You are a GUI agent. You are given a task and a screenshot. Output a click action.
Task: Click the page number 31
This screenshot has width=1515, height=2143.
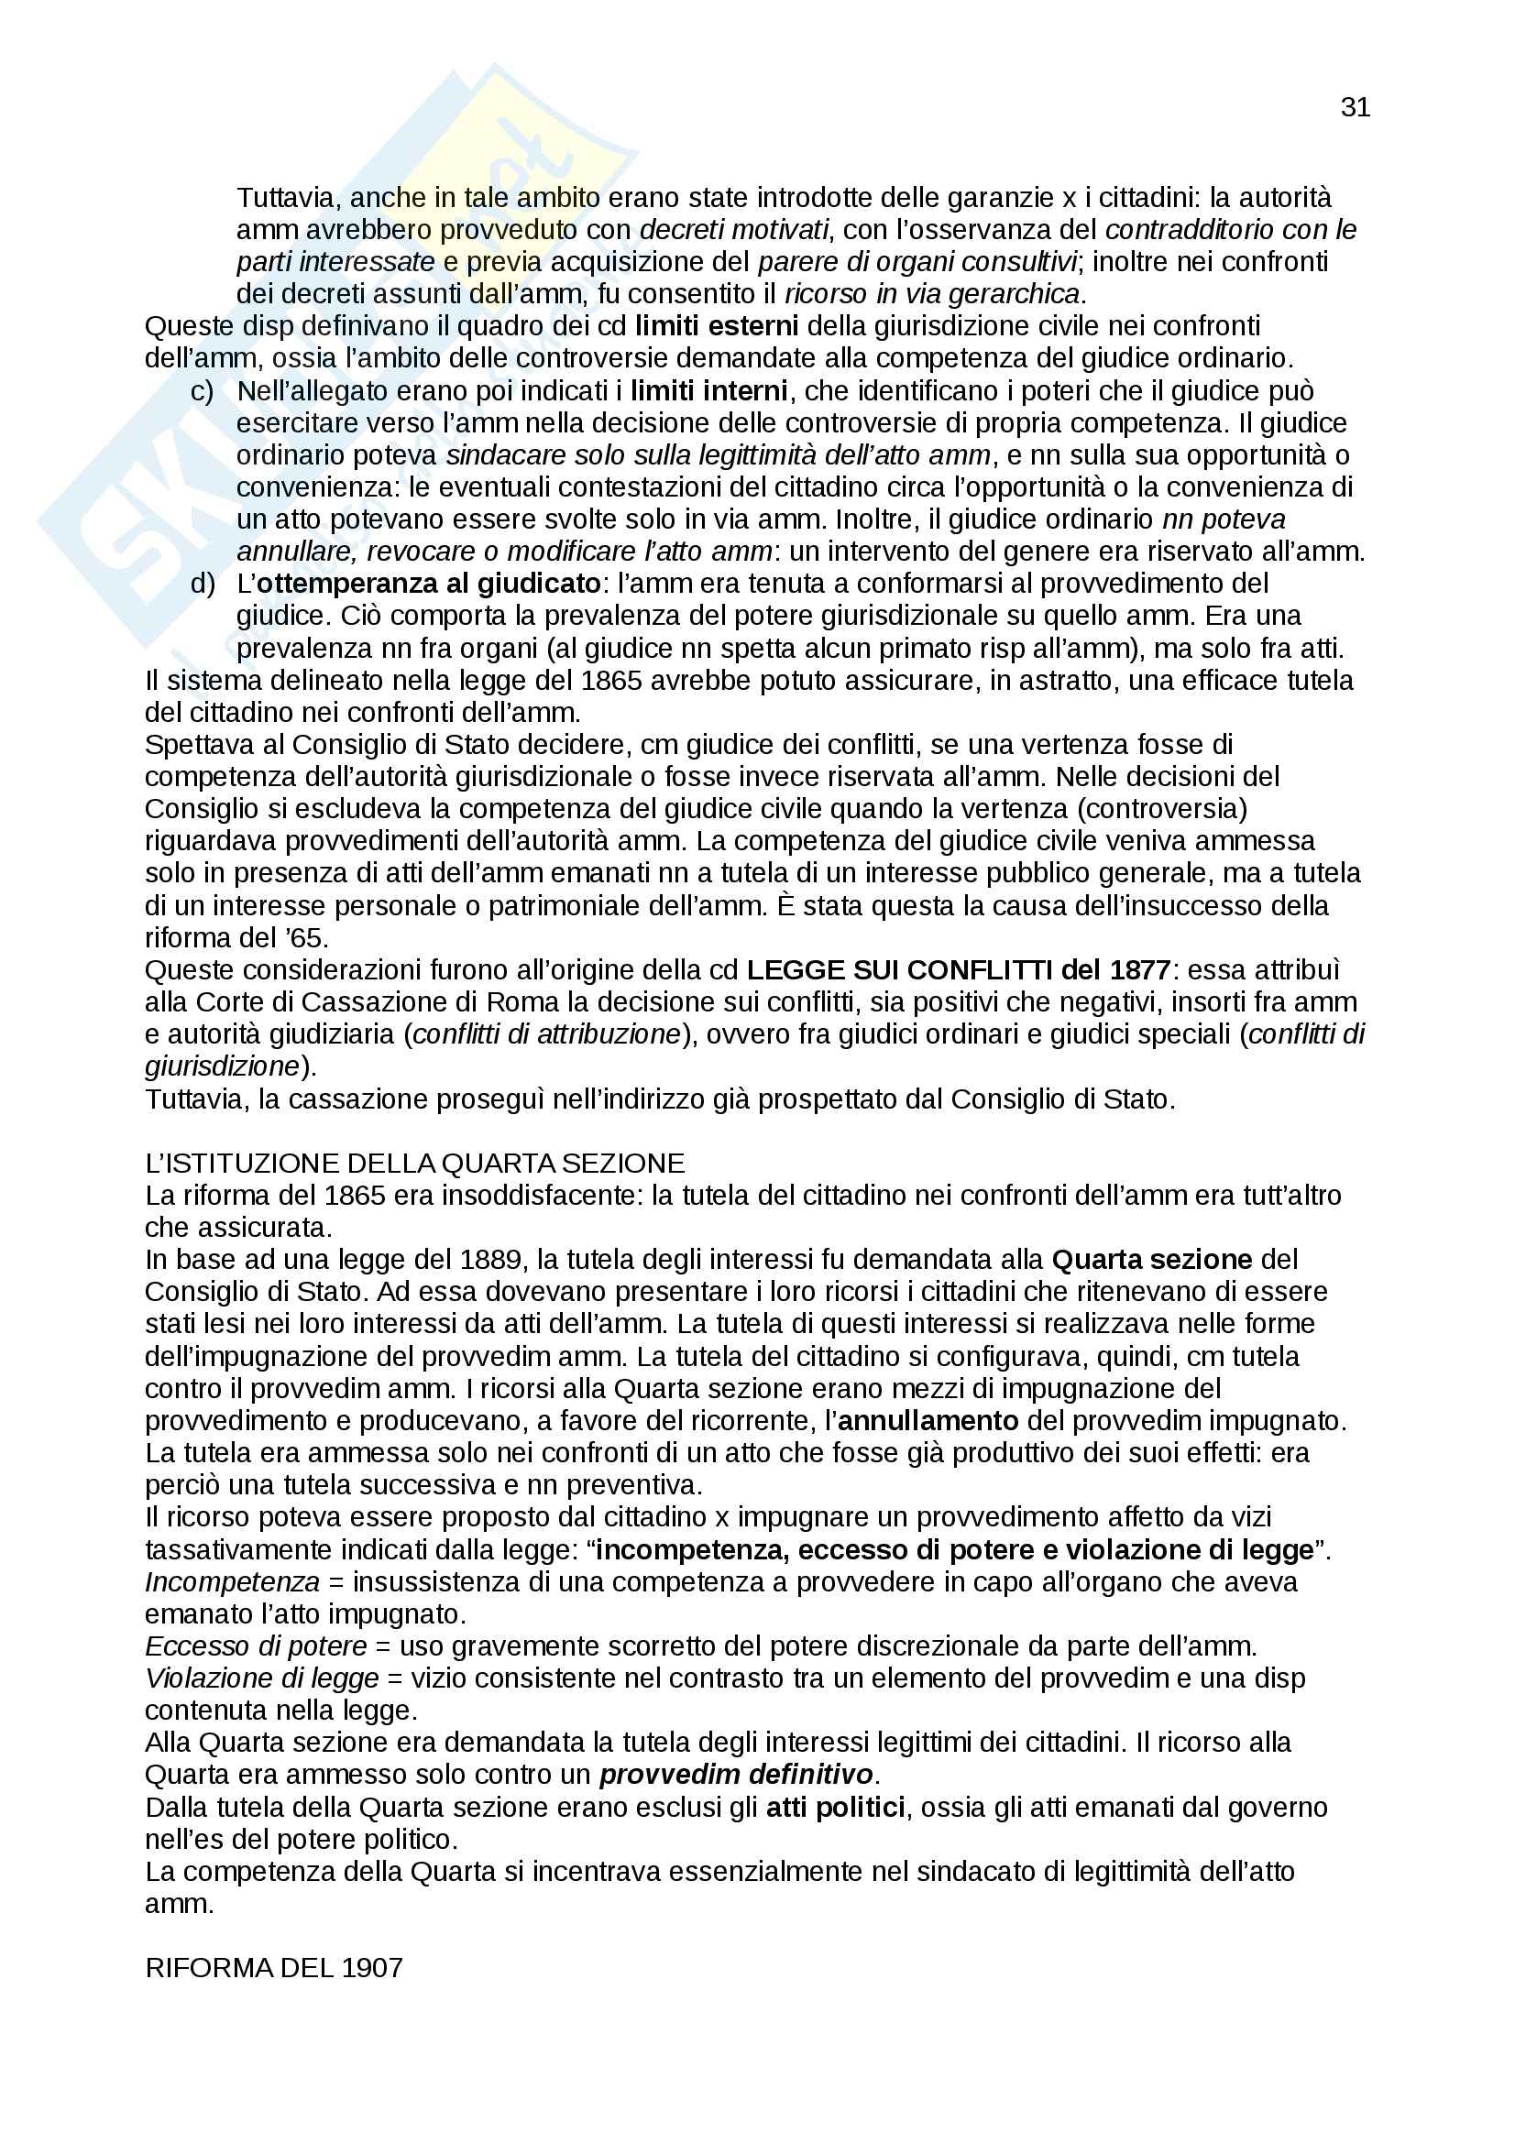(x=1355, y=108)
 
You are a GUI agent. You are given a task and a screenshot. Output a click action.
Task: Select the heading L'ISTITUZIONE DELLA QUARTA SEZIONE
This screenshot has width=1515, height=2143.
(x=414, y=1164)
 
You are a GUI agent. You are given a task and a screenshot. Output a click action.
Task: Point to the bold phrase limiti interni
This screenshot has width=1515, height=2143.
(x=708, y=390)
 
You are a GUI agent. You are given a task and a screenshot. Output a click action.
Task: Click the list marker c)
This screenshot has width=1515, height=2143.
(x=202, y=390)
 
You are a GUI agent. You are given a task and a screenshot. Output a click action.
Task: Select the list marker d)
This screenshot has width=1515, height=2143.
(x=202, y=584)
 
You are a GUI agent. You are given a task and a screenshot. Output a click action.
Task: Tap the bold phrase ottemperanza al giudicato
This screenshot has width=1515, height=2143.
(x=427, y=584)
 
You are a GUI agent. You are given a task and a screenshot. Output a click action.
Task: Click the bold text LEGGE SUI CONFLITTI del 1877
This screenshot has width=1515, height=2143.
(x=959, y=969)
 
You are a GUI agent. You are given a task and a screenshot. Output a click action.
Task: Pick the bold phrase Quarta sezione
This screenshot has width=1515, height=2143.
(x=1151, y=1260)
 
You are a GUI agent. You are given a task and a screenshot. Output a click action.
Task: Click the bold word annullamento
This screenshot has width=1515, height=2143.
(x=928, y=1421)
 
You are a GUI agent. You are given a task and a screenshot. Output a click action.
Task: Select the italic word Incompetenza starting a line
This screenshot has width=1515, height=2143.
(x=233, y=1582)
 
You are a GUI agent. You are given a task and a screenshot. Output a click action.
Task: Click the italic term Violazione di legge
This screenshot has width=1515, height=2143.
(x=262, y=1678)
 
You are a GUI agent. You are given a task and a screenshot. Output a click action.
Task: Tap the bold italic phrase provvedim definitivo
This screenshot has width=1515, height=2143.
(x=736, y=1775)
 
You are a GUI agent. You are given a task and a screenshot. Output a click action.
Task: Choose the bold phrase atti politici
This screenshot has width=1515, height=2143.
(x=836, y=1807)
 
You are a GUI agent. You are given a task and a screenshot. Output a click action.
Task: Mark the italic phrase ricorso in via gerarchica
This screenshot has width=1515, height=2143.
(x=931, y=294)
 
